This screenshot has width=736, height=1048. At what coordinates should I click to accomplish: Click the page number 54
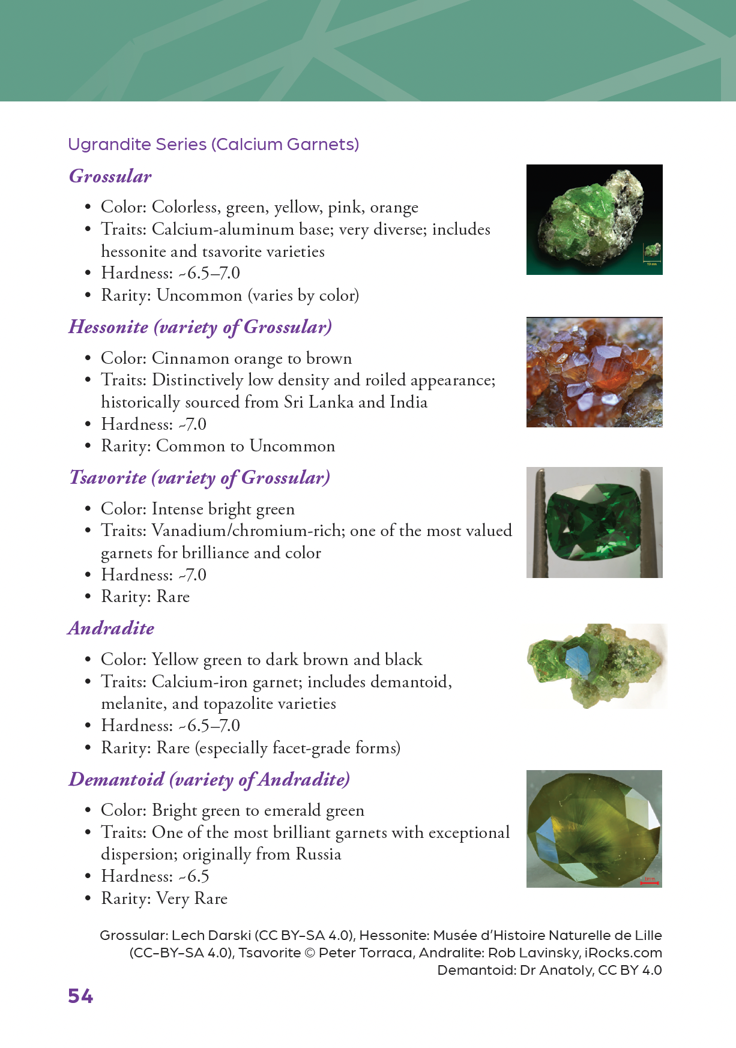point(80,996)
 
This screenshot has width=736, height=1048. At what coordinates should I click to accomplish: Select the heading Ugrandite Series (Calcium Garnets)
point(213,145)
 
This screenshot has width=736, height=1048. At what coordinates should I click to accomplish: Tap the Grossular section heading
point(110,176)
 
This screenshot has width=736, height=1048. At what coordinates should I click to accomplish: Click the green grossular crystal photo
point(594,220)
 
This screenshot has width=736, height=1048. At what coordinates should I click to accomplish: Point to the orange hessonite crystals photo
point(594,372)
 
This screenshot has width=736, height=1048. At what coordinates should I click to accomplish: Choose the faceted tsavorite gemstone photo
point(594,522)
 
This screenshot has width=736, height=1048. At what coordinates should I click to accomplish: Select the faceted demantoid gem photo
point(594,828)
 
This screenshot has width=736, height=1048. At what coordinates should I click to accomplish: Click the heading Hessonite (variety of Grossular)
point(200,327)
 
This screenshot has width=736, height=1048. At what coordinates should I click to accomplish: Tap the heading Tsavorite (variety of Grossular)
point(199,478)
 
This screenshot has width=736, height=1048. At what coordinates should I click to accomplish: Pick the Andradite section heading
point(111,628)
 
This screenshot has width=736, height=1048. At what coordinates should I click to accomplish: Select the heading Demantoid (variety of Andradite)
point(209,780)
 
